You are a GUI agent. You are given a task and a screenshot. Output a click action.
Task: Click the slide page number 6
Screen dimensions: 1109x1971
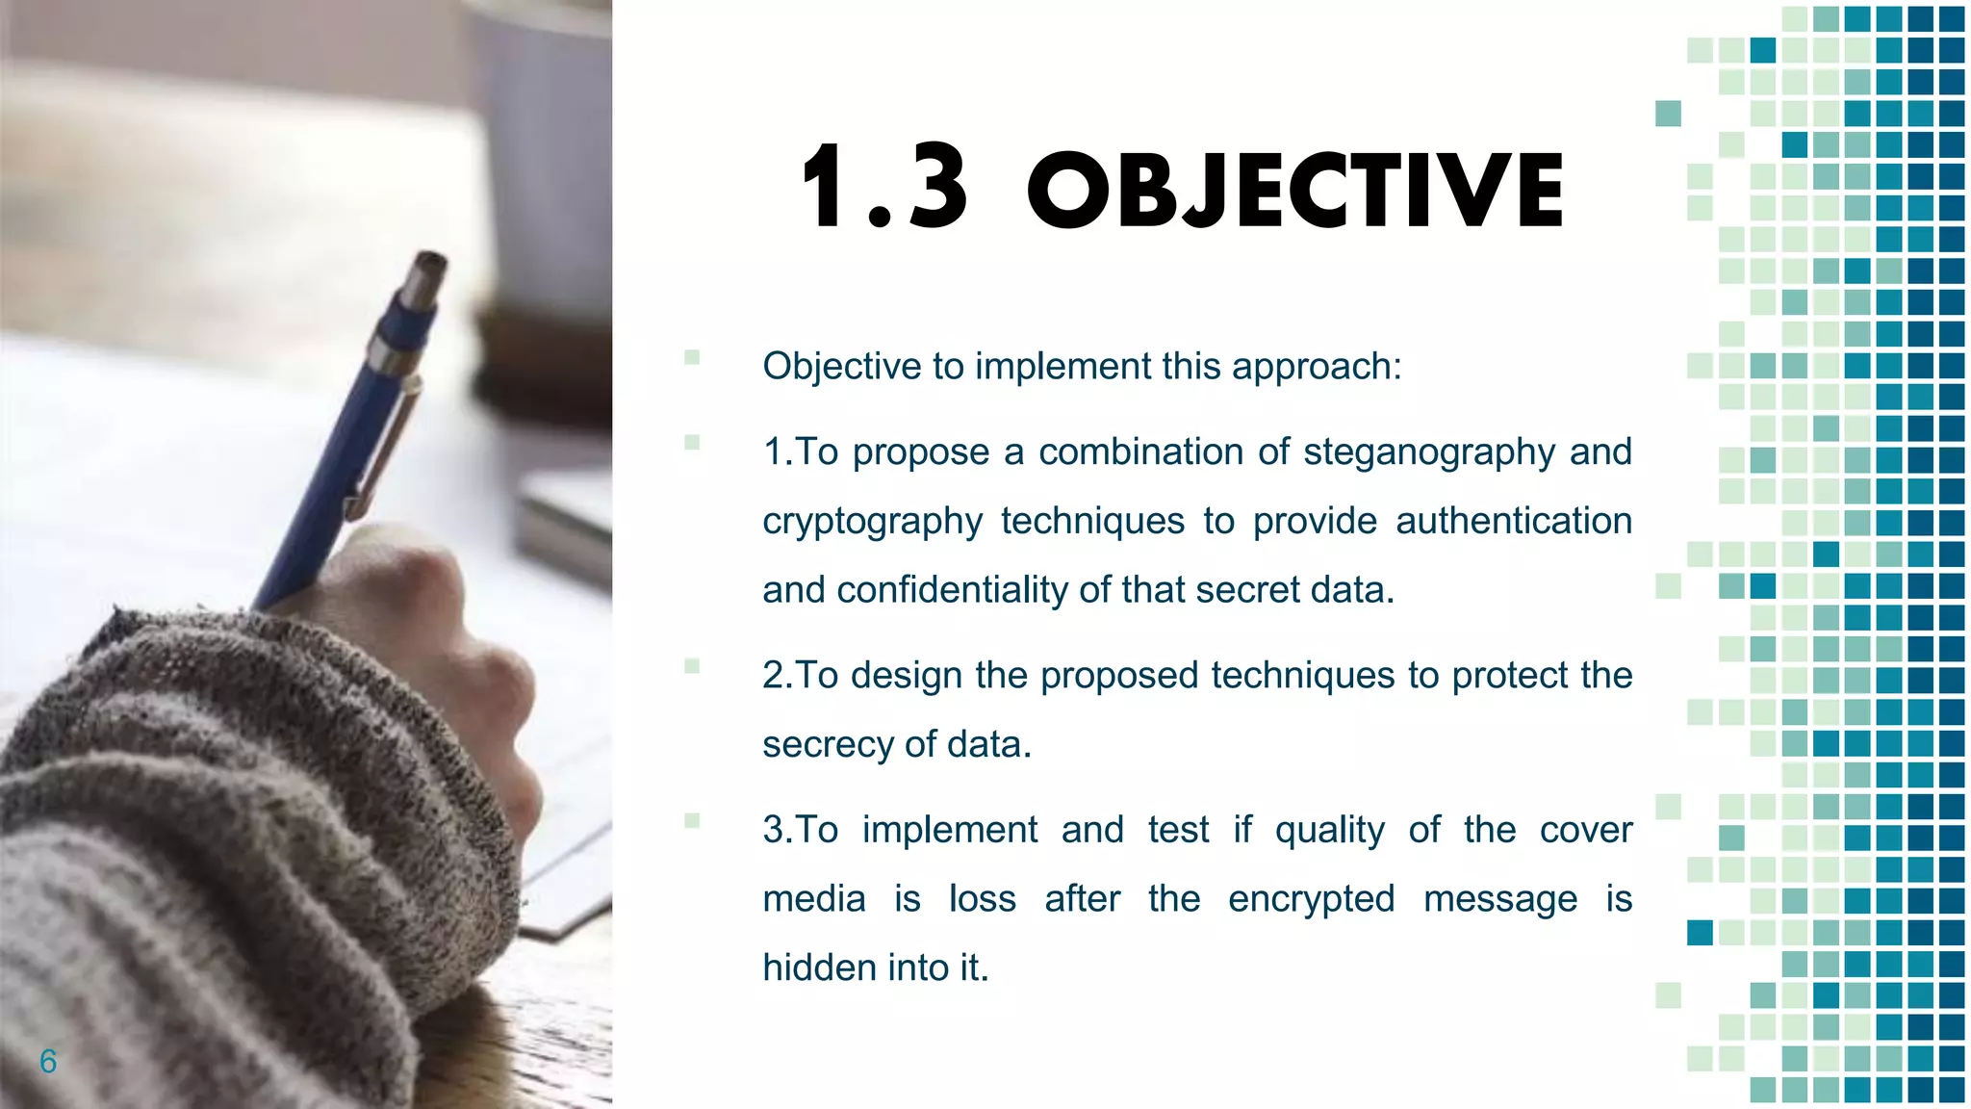48,1061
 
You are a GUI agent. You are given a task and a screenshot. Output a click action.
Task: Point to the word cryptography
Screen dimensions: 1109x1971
872,522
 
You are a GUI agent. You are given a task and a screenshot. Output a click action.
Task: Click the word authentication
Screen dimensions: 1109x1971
1513,521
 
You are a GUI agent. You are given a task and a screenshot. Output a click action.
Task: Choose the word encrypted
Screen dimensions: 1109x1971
1311,899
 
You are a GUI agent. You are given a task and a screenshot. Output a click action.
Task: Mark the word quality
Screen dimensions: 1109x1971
1329,830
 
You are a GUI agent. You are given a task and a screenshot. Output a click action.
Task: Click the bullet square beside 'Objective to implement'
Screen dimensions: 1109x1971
692,358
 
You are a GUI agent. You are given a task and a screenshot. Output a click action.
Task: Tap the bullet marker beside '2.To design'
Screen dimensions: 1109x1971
692,666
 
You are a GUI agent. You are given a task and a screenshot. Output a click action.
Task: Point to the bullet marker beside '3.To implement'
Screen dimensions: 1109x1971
692,821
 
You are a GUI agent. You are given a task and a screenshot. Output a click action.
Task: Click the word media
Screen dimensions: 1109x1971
813,899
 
